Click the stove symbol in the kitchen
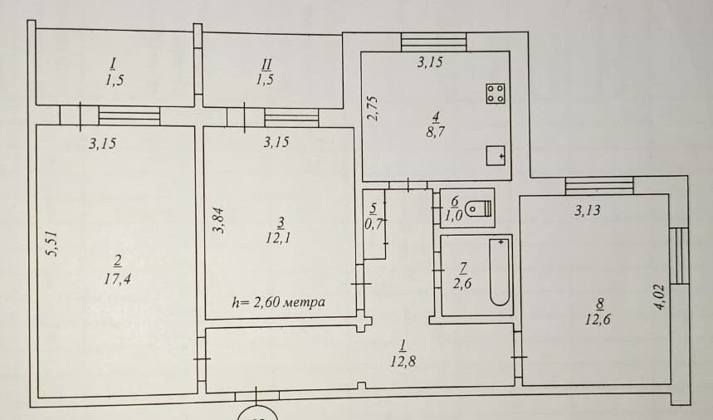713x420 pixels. point(496,94)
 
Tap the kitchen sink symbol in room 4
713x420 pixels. point(496,155)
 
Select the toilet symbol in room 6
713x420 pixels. point(479,208)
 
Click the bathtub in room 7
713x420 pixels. point(500,272)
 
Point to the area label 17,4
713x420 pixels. point(117,279)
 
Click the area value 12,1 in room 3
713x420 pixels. point(279,237)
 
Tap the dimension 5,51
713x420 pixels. point(53,244)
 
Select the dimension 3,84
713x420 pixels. point(219,221)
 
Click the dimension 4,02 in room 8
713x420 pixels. point(660,297)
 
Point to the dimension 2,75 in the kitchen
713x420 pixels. point(373,108)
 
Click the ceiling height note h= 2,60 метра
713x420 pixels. point(278,302)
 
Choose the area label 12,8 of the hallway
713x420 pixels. point(403,361)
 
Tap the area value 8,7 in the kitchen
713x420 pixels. point(435,132)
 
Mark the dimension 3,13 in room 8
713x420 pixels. point(587,210)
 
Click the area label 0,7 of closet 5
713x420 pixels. point(374,223)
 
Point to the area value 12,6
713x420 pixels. point(598,319)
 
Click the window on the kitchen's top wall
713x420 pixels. point(434,42)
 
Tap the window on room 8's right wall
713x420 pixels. point(679,256)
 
